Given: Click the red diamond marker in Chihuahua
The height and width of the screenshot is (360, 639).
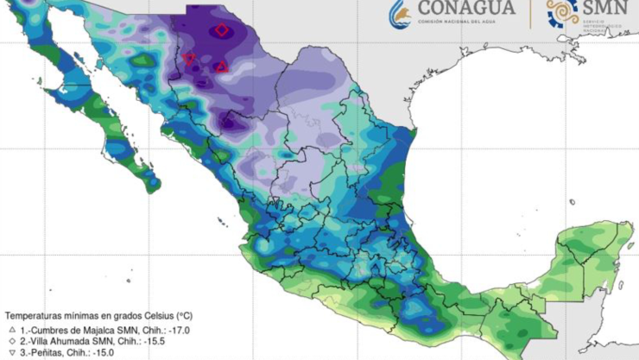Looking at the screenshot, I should tap(222, 30).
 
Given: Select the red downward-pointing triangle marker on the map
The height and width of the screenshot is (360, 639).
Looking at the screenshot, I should tap(189, 60).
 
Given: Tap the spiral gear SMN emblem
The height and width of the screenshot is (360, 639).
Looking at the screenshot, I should tap(562, 12).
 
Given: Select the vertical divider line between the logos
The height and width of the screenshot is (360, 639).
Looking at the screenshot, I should tap(530, 12).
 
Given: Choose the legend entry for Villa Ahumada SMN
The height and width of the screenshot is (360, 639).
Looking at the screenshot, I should tap(82, 342).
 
